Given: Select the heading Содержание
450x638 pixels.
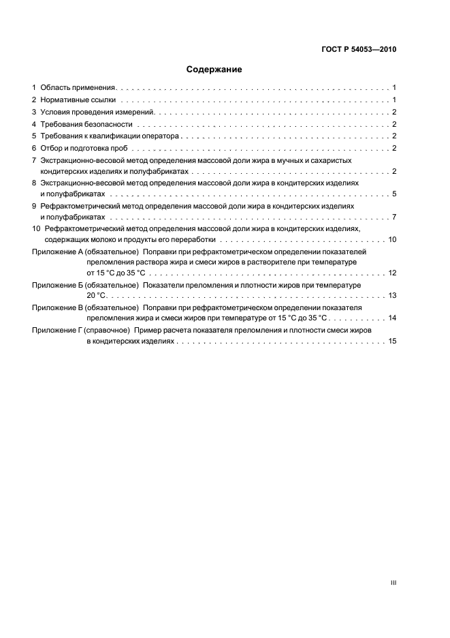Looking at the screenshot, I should click(x=214, y=70).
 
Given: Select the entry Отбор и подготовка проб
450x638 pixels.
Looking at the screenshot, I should click(x=84, y=148).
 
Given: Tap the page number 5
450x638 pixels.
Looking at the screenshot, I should click(x=394, y=194).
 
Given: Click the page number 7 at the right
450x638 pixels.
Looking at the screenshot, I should click(x=394, y=217).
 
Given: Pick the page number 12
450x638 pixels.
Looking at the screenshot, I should click(x=392, y=273).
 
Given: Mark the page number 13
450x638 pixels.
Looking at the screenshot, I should click(x=392, y=296).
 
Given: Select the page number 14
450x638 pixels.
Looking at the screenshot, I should click(x=392, y=318).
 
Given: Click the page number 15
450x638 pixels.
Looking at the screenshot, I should click(x=392, y=341).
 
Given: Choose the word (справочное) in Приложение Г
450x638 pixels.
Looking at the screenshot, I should click(x=108, y=330).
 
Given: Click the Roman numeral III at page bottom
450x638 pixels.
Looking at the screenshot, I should click(x=393, y=583).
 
